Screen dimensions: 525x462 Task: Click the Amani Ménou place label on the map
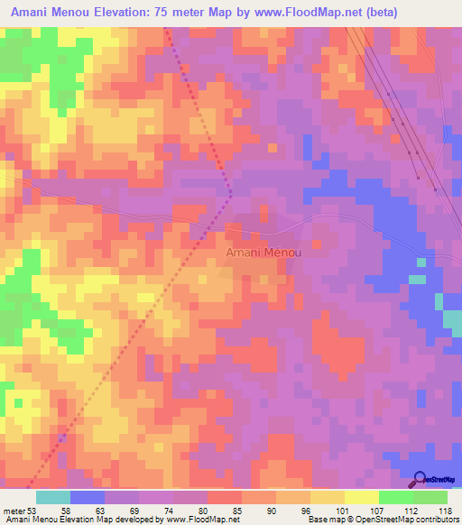263,253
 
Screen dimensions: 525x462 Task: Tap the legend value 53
32,510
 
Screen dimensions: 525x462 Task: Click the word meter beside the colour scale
13,510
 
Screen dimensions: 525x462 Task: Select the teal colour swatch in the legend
53,497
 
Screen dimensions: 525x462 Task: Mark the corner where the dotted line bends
231,192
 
